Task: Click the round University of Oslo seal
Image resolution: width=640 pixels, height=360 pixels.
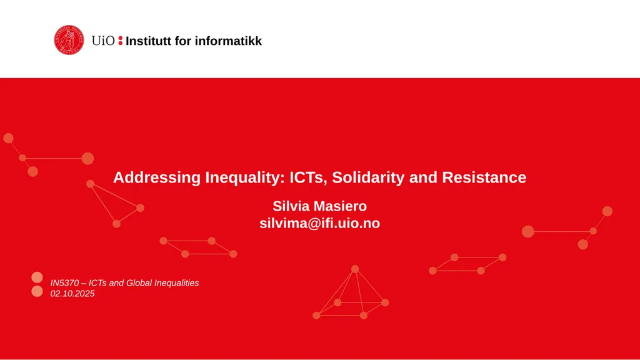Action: tap(68, 40)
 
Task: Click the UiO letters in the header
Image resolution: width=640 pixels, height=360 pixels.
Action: tap(102, 41)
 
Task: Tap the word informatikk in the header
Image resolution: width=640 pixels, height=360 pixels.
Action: tap(228, 41)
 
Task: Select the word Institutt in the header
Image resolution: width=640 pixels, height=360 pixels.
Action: tap(150, 41)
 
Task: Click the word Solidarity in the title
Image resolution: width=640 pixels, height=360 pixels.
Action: tap(369, 177)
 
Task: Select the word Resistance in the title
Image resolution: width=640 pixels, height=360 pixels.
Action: tap(484, 177)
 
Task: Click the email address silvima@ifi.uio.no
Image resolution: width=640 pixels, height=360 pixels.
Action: tap(319, 223)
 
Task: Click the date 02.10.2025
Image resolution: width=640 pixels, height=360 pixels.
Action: tap(72, 294)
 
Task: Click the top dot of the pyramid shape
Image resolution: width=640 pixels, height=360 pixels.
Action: tap(355, 269)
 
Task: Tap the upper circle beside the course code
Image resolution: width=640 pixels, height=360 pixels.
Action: tap(37, 277)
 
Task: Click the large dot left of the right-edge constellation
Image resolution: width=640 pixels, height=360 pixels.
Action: tap(528, 231)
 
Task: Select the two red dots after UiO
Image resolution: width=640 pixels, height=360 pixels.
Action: tap(120, 41)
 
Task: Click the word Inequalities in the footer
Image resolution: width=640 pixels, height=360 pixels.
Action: tap(177, 283)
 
